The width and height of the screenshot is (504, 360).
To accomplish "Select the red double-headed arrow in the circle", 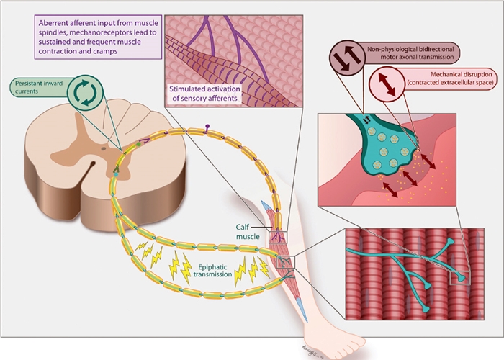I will tap(383, 84).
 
